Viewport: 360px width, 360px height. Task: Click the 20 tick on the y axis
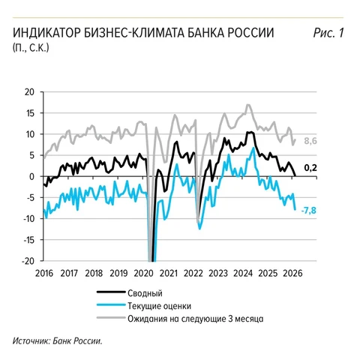(x=31, y=92)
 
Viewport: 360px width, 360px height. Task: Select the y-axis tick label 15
(x=31, y=113)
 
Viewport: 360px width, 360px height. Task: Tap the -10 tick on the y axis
(x=29, y=218)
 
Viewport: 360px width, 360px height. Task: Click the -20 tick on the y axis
(x=29, y=261)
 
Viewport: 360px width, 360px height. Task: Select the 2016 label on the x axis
(x=43, y=273)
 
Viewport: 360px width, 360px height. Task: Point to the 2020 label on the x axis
(x=145, y=273)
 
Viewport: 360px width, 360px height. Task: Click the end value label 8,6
(x=310, y=140)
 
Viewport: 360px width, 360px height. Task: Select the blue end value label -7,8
(x=310, y=209)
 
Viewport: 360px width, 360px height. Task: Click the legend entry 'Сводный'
(x=145, y=293)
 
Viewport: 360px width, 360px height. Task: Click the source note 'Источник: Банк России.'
(x=57, y=341)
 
